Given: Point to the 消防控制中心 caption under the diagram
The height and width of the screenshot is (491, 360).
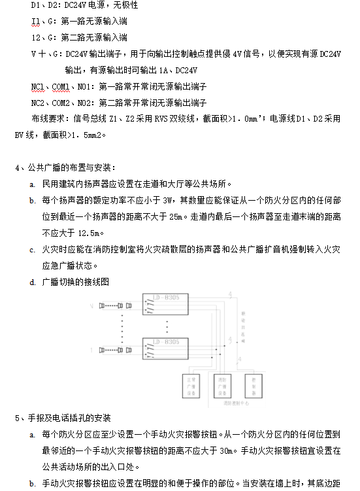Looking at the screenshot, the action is point(234,405).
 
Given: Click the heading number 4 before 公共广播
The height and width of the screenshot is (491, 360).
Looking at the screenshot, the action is point(17,167).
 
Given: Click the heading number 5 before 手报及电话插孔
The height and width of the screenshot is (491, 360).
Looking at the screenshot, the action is point(17,417).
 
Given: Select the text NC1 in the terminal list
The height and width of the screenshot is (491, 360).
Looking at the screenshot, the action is point(37,86).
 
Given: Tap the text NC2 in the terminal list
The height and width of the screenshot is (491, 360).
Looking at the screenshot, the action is point(37,103).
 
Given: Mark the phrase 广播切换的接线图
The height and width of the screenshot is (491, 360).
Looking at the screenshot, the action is point(74,282).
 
